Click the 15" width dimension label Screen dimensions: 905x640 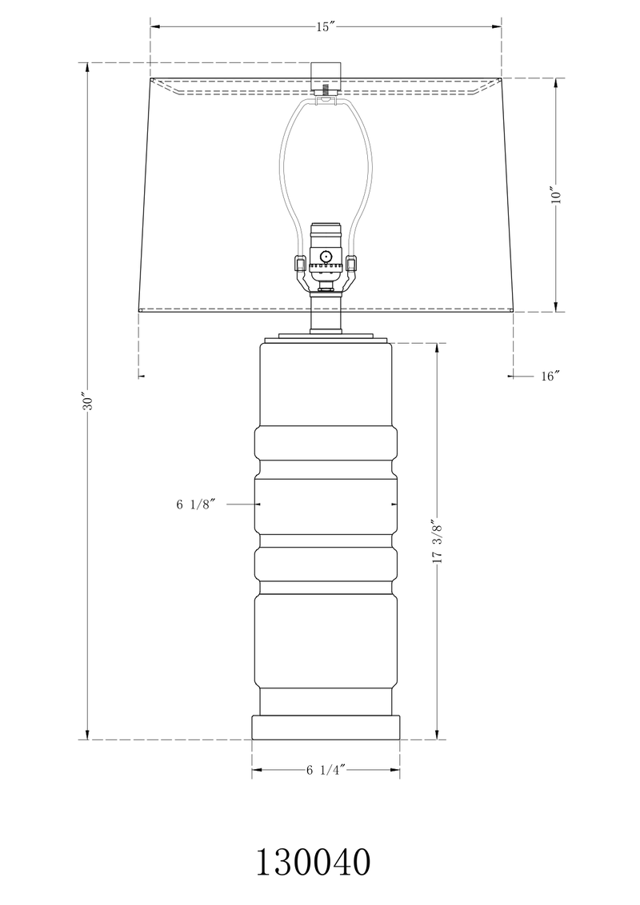[x=324, y=27]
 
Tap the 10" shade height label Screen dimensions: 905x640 [x=557, y=195]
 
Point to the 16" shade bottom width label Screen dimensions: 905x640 [x=549, y=377]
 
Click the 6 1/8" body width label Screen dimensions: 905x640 [x=196, y=504]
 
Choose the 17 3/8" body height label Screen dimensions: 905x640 [x=437, y=542]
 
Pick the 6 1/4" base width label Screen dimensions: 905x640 [x=324, y=771]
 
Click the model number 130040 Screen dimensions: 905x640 [x=313, y=863]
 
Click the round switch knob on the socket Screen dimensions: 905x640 [x=326, y=257]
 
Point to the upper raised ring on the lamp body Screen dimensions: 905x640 [x=326, y=452]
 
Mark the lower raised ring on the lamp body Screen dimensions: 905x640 [x=326, y=564]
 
